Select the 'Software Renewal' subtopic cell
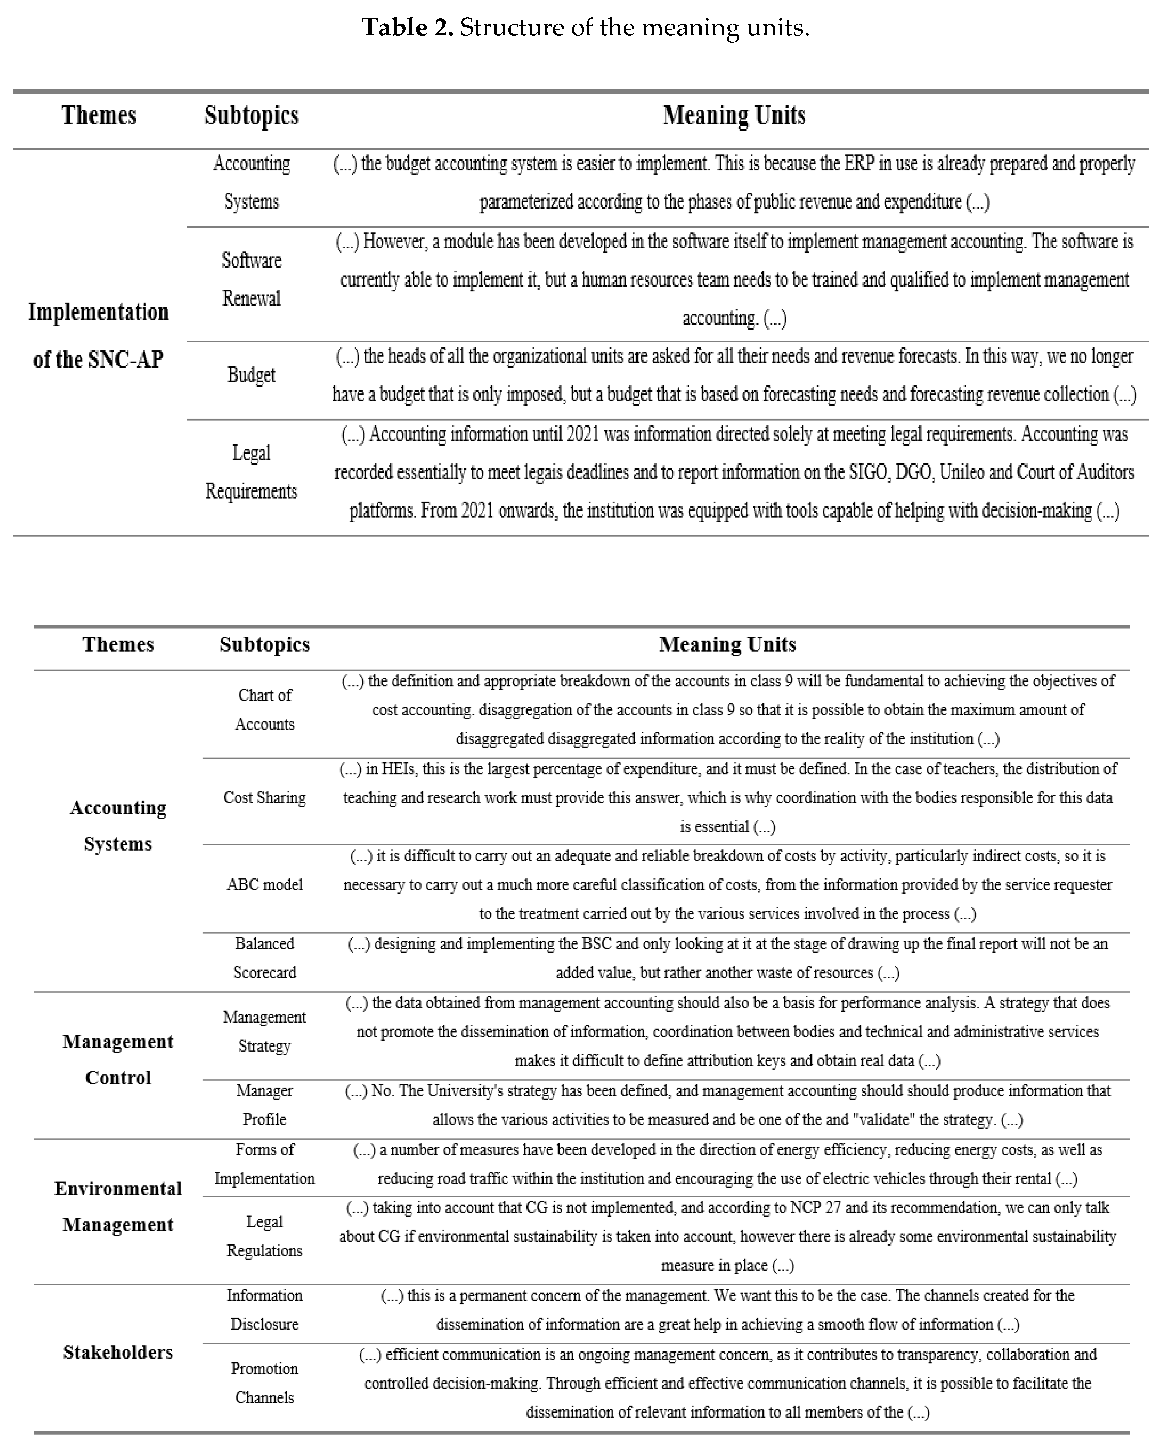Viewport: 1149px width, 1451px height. pyautogui.click(x=252, y=279)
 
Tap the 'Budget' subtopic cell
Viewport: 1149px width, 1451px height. pyautogui.click(x=252, y=375)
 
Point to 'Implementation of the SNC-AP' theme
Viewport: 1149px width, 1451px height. pyautogui.click(x=98, y=335)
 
